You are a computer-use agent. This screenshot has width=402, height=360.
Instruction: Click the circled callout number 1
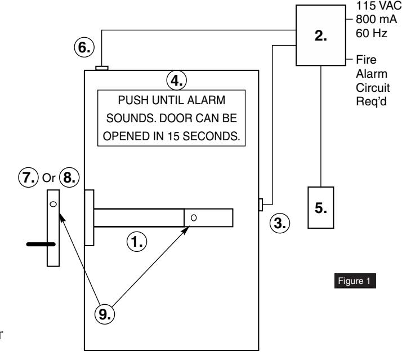[x=137, y=242]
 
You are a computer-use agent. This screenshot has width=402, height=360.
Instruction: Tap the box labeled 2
[x=321, y=35]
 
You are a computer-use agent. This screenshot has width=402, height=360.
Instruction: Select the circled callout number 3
[x=280, y=223]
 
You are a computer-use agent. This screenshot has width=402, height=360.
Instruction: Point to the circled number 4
[x=177, y=81]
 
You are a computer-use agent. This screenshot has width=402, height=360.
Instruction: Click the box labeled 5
[x=321, y=207]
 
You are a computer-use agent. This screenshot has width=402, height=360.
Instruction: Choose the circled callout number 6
[x=84, y=47]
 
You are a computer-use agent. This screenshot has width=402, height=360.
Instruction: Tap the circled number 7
[x=28, y=177]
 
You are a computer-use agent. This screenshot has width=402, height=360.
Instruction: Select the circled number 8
[x=69, y=177]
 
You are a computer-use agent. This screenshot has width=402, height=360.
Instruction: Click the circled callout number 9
[x=105, y=314]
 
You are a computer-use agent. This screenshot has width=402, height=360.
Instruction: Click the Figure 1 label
[x=355, y=281]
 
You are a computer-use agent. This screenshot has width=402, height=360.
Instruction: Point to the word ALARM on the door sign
[x=206, y=100]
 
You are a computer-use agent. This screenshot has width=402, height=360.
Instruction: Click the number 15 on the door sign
[x=173, y=136]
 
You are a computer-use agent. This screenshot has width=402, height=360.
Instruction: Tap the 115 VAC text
[x=378, y=6]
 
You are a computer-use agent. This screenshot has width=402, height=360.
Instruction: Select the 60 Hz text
[x=372, y=33]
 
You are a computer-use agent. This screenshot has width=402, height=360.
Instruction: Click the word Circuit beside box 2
[x=373, y=88]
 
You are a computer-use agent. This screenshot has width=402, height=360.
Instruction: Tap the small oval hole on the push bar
[x=194, y=218]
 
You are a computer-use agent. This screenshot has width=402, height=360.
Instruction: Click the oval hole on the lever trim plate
[x=53, y=204]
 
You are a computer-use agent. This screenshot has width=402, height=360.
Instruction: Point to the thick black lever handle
[x=41, y=245]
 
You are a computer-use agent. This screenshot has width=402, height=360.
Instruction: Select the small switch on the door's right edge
[x=261, y=205]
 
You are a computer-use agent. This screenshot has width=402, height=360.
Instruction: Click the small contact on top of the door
[x=102, y=68]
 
